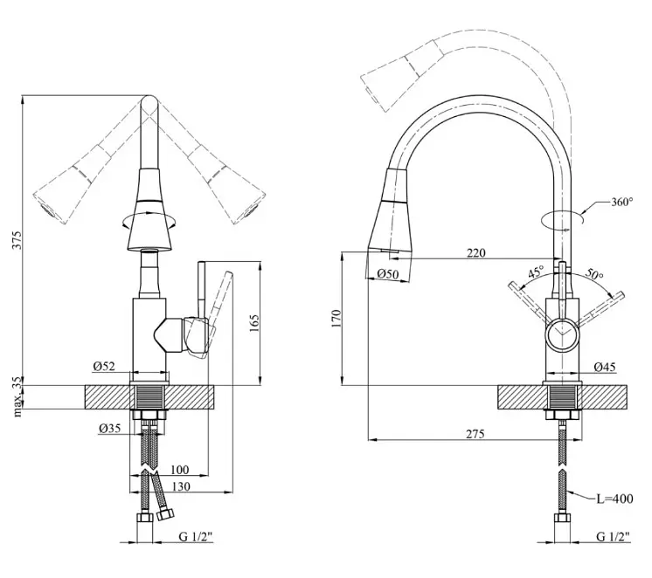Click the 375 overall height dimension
point(17,240)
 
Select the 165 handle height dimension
point(254,323)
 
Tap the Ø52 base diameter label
point(104,366)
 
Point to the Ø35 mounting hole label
point(110,428)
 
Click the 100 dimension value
point(180,470)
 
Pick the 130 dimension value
point(181,486)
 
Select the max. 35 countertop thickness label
point(17,396)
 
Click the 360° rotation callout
point(622,202)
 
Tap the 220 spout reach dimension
point(476,252)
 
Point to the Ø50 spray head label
point(388,273)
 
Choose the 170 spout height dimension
point(336,319)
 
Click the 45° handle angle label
point(536,272)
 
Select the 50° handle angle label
point(594,274)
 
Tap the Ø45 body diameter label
point(605,367)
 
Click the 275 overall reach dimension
point(475,434)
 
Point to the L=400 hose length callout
point(615,499)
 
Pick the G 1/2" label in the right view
point(614,536)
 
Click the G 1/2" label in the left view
point(196,536)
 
